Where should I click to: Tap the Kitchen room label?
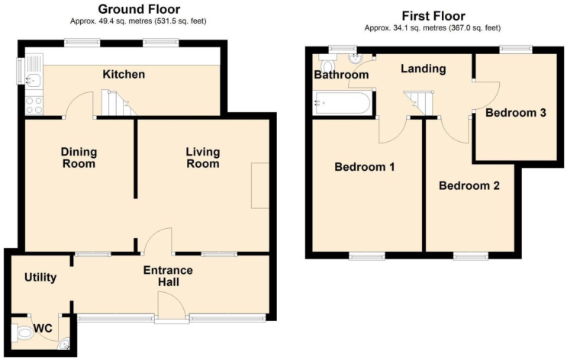pyautogui.click(x=124, y=75)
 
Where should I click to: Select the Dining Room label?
pyautogui.click(x=79, y=157)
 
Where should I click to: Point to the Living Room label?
pyautogui.click(x=202, y=157)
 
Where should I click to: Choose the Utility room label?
pyautogui.click(x=40, y=278)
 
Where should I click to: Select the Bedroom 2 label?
pyautogui.click(x=469, y=185)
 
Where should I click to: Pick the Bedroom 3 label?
pyautogui.click(x=515, y=113)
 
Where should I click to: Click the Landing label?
pyautogui.click(x=424, y=69)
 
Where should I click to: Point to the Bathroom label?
pyautogui.click(x=341, y=75)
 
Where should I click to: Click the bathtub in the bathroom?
pyautogui.click(x=343, y=103)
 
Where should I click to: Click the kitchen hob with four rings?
pyautogui.click(x=34, y=105)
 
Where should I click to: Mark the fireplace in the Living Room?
pyautogui.click(x=260, y=185)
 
